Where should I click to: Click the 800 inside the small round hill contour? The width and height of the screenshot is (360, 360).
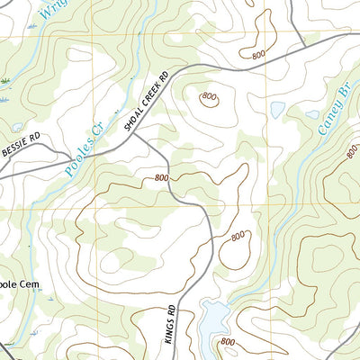click(210, 97)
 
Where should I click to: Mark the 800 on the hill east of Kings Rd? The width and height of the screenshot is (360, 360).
click(238, 236)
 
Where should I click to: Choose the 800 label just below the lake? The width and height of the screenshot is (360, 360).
click(229, 342)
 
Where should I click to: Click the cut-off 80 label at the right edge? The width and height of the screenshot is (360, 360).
click(350, 150)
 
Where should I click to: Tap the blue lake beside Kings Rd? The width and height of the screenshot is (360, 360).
click(213, 318)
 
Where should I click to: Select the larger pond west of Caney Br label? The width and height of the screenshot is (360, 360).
click(277, 109)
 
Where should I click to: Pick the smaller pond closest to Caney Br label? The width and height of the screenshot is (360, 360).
click(311, 114)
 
